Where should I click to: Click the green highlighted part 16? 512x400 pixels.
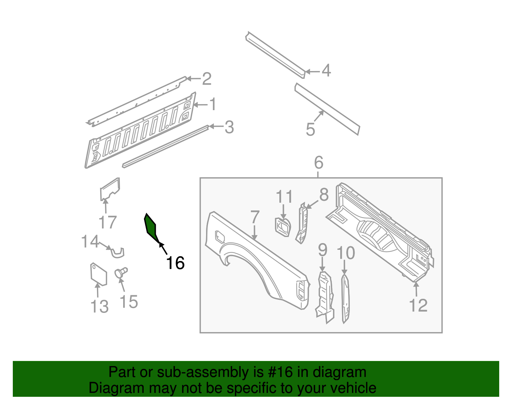(151, 227)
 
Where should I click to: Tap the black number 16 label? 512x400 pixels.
(175, 263)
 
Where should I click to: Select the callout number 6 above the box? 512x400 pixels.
(318, 163)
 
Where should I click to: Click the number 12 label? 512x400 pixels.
(418, 305)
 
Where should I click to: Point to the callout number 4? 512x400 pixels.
(326, 70)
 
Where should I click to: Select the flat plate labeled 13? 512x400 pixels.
(98, 274)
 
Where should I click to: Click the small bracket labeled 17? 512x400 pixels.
(110, 189)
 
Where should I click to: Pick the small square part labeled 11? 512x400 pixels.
(283, 227)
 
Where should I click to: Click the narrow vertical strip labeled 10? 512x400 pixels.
(345, 298)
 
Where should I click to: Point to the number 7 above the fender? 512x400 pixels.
(254, 217)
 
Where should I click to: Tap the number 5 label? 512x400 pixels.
(310, 129)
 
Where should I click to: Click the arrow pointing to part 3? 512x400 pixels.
(216, 127)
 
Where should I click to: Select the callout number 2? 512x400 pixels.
(207, 79)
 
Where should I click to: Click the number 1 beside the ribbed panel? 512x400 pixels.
(212, 104)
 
